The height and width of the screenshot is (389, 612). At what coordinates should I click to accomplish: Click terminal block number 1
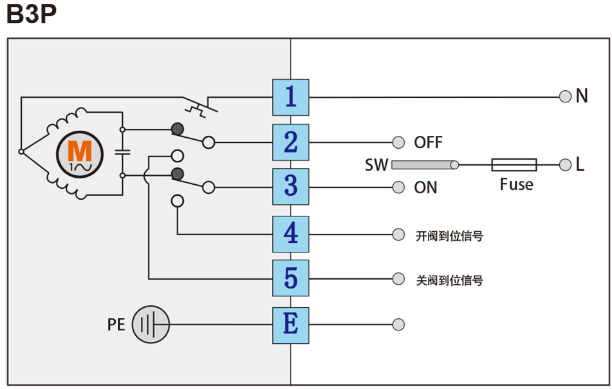[x=290, y=97]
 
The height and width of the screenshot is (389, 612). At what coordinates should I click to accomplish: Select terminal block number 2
[x=290, y=142]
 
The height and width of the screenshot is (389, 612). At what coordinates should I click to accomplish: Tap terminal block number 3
[x=290, y=187]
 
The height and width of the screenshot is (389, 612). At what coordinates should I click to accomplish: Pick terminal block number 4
[x=290, y=234]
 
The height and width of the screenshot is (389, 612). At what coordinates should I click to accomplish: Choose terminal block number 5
[x=290, y=278]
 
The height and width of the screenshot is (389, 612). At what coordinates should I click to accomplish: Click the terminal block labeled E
[x=290, y=323]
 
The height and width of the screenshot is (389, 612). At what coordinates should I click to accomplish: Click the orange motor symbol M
[x=80, y=152]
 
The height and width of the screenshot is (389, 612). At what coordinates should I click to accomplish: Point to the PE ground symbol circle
[x=151, y=324]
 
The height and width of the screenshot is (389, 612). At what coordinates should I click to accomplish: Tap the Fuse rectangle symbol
[x=514, y=165]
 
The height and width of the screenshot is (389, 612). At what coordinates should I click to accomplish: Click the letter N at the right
[x=582, y=97]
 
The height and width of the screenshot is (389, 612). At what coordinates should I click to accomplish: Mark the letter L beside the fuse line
[x=580, y=165]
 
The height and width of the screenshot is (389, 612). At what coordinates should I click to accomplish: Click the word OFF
[x=428, y=142]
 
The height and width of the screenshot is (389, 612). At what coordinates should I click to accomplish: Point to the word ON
[x=425, y=187]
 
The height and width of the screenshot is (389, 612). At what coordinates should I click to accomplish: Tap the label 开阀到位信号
[x=449, y=236]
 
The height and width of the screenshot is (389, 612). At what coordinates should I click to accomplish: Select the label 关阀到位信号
[x=449, y=280]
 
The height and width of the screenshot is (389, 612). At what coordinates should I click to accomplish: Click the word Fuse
[x=516, y=185]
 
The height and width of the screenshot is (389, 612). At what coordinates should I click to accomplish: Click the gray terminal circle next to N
[x=565, y=97]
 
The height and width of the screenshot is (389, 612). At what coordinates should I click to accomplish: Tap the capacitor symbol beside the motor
[x=122, y=152]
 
